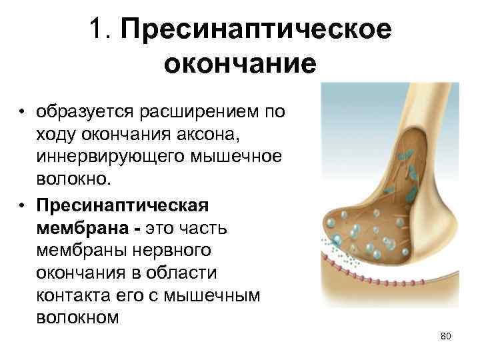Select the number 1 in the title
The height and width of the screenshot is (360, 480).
point(99,30)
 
